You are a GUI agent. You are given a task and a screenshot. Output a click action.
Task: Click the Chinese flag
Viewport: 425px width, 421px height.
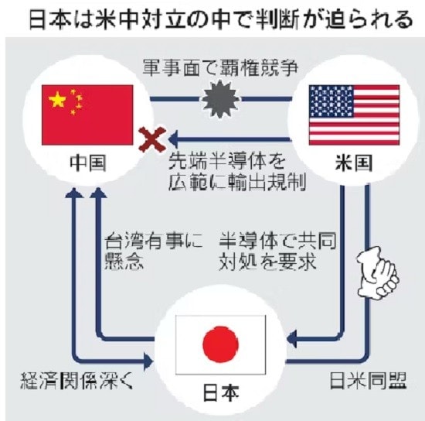coord(87,115)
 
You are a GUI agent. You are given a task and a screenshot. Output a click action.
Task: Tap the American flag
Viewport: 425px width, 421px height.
coord(354,115)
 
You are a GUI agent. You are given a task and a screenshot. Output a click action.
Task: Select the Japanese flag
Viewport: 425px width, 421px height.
coord(221,344)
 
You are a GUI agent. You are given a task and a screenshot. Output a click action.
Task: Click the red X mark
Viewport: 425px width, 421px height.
coord(152,139)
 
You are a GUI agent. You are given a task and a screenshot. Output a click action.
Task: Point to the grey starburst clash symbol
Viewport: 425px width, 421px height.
coord(221,99)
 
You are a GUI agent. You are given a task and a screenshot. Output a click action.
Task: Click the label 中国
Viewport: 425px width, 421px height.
coord(88,163)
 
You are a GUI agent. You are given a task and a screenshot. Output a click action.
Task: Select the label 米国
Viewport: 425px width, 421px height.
coord(354,163)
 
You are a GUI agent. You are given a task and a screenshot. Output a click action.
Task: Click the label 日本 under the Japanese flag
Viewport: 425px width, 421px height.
coord(221,393)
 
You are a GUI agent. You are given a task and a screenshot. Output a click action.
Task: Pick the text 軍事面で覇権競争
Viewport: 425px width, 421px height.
coord(220,68)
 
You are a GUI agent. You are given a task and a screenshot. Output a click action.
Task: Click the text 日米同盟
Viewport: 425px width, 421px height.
coord(368,380)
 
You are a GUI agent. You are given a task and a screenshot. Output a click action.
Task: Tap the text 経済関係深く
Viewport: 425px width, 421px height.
coord(76,380)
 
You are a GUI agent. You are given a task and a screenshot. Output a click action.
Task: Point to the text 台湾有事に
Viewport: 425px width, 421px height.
coord(154,241)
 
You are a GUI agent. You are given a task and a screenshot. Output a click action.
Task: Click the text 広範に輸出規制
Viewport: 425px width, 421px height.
coord(237,182)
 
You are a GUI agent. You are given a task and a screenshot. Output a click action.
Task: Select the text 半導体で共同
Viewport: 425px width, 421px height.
coord(277,241)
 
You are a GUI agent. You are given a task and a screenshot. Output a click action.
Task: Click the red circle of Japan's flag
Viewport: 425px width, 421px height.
coord(221,344)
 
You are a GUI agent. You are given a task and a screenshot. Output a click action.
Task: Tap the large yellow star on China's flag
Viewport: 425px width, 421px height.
coord(57,99)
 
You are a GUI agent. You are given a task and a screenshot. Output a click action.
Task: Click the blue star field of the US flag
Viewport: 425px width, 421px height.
coord(331,101)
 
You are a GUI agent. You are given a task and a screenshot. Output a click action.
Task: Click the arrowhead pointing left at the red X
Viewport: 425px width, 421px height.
coord(173,139)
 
